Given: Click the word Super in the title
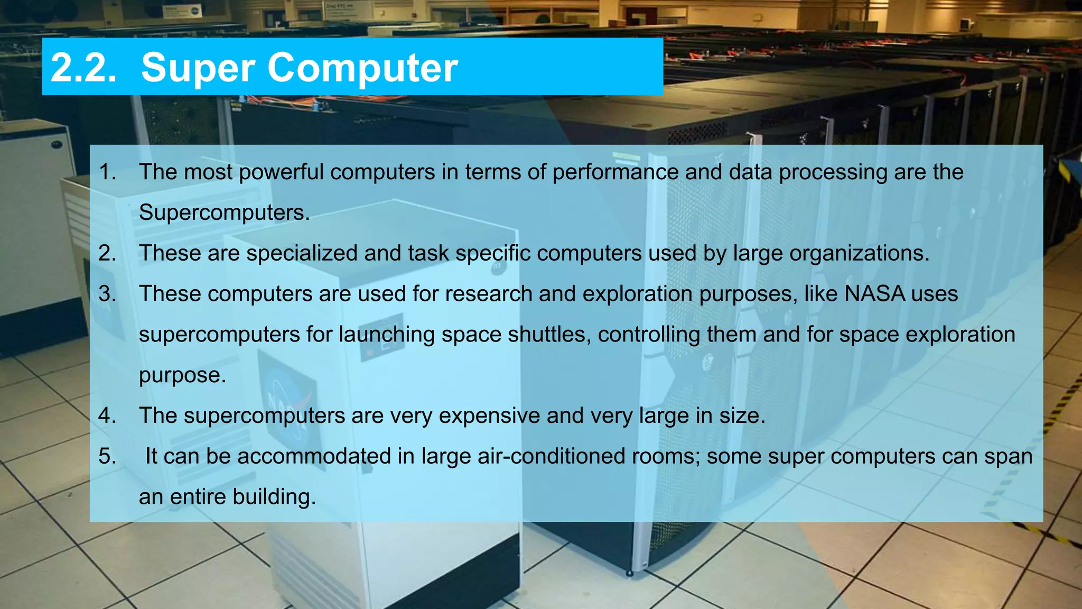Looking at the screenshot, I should pyautogui.click(x=198, y=68).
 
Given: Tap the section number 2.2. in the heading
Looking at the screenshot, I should pyautogui.click(x=83, y=68).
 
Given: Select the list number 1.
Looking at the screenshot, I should pyautogui.click(x=107, y=172).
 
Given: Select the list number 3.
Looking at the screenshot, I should pyautogui.click(x=107, y=294).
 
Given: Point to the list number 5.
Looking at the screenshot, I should pyautogui.click(x=107, y=456).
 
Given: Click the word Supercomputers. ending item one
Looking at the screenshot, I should pyautogui.click(x=224, y=213).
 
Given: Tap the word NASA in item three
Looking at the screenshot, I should pyautogui.click(x=874, y=294).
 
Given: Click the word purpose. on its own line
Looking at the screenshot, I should pyautogui.click(x=182, y=375).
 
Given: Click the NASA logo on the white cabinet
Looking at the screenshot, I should pyautogui.click(x=288, y=402).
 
